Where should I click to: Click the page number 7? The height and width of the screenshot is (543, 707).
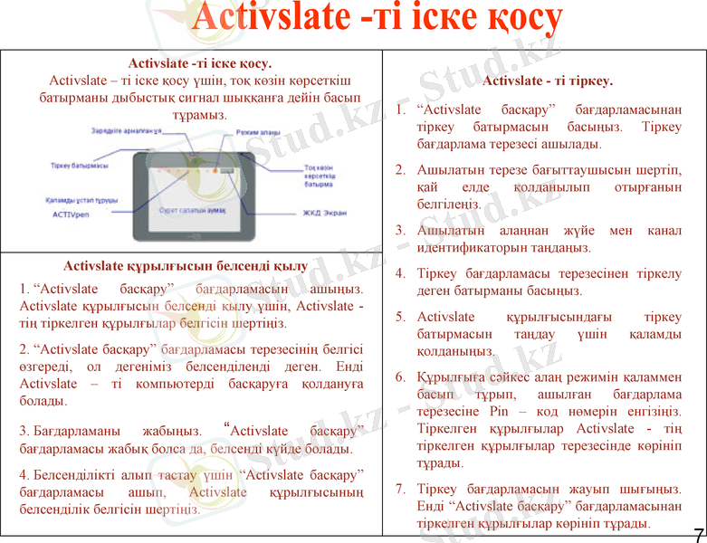698,532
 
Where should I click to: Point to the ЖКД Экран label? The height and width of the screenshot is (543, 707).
325,214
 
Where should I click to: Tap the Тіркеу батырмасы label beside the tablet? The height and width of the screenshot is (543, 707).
79,166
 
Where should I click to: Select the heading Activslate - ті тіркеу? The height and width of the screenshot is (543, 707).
548,81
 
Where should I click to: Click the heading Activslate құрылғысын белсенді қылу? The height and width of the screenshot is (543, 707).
186,266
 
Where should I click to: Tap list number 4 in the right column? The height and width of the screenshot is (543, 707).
400,272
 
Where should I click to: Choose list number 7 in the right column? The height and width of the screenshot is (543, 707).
400,490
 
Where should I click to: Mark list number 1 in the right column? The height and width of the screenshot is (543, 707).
400,110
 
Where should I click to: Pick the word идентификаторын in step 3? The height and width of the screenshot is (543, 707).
471,247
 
